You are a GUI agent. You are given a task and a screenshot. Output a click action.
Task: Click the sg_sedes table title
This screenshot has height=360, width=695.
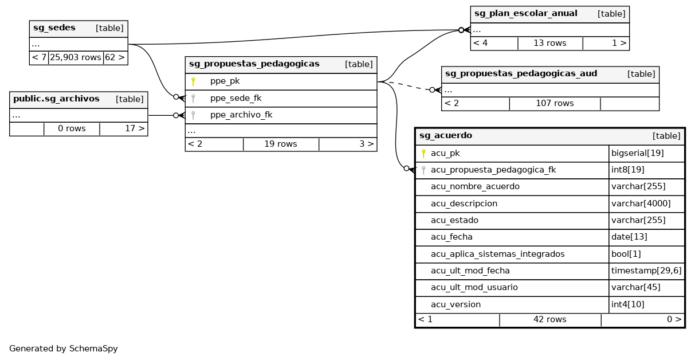[54, 28]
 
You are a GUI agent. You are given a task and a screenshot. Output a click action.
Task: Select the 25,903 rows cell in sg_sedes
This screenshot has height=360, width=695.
[76, 58]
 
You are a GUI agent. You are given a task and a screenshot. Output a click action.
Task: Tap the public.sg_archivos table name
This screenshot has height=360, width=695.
[56, 99]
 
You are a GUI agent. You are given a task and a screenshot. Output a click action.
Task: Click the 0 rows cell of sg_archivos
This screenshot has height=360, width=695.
[72, 128]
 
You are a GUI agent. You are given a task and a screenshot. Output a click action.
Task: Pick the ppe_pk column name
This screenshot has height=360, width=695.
[225, 81]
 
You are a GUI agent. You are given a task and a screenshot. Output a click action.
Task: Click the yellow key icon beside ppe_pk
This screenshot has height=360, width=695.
[193, 81]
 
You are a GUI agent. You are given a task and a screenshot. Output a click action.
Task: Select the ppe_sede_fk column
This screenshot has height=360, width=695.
[235, 98]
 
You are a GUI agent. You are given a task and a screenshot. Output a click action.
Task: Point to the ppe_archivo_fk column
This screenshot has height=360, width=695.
[241, 115]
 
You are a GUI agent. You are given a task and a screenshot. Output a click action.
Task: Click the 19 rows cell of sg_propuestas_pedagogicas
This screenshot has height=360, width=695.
[280, 144]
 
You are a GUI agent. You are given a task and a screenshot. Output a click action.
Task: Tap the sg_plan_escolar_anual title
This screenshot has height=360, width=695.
[525, 14]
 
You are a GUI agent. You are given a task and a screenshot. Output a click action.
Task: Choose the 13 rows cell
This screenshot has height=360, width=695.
[549, 43]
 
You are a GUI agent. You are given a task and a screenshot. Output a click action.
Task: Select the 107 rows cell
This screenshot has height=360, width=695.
[554, 103]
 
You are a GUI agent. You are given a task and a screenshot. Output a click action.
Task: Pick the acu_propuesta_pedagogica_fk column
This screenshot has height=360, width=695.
[493, 170]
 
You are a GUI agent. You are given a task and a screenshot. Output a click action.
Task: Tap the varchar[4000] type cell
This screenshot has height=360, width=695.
[641, 204]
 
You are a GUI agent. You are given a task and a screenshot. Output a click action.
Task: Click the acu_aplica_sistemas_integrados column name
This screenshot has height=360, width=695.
[497, 254]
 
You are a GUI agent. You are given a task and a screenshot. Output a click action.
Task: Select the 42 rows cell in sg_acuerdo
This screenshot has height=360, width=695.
[549, 319]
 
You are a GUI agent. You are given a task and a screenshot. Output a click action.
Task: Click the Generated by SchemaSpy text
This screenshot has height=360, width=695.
[63, 348]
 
